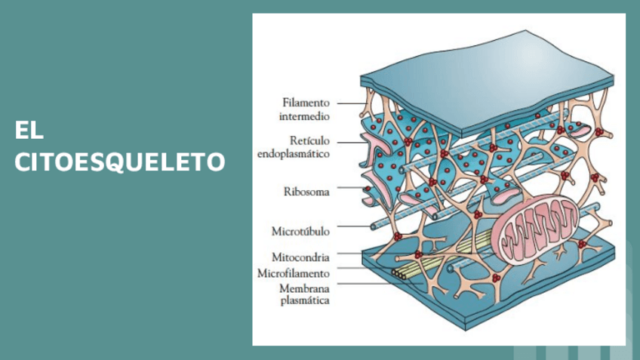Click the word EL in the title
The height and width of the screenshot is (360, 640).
29,130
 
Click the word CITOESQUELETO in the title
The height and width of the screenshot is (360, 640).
119,162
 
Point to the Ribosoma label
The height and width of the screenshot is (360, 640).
306,192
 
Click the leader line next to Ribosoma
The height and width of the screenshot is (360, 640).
349,188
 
